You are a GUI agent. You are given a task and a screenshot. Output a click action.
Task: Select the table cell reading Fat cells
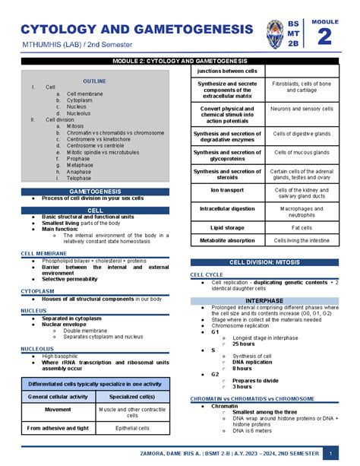click(302, 227)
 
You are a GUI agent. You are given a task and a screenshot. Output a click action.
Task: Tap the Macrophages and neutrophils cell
click(302, 209)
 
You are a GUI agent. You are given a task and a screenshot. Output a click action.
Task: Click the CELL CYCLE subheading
click(207, 274)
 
